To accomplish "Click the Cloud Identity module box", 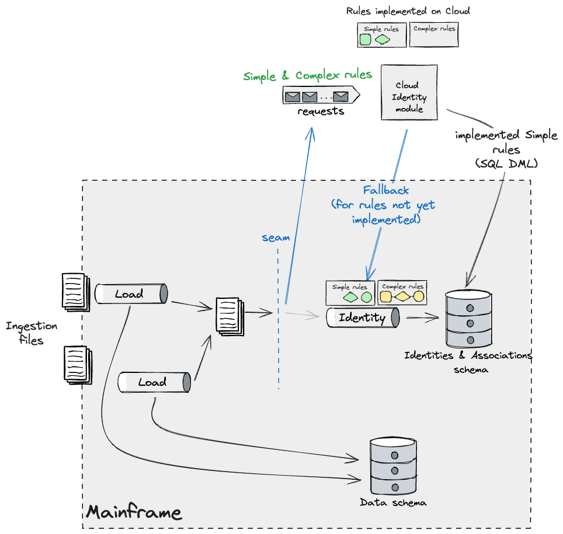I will (x=409, y=92).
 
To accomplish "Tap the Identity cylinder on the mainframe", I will (x=363, y=317).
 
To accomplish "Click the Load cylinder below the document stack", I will (x=154, y=382).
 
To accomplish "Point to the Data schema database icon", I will (x=394, y=466).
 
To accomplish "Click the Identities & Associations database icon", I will (x=468, y=318).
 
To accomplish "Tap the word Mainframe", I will (x=134, y=512).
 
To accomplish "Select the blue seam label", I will (x=276, y=238).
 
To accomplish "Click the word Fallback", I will (x=386, y=190).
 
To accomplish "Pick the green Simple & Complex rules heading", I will (x=307, y=76).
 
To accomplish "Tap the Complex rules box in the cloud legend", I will (x=433, y=34).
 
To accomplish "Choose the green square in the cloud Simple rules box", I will (x=365, y=40).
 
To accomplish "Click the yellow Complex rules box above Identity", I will (x=402, y=292).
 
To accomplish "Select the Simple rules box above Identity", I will (x=350, y=292).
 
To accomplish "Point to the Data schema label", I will (x=392, y=502).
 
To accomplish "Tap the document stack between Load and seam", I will (x=228, y=315).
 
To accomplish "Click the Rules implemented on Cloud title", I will (x=408, y=11).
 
